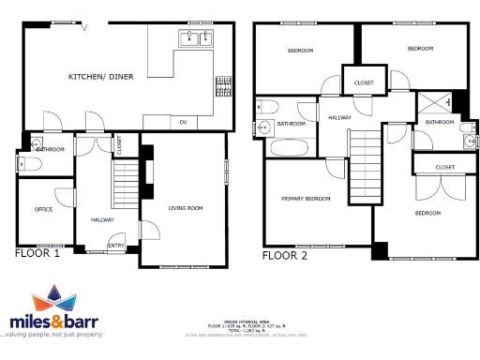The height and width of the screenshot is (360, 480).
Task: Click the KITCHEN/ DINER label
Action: click(x=98, y=76)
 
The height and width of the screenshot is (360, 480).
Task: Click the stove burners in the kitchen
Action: click(x=223, y=86)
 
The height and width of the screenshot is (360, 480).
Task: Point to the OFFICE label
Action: click(x=43, y=209)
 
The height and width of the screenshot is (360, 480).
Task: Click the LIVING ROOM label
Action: click(x=185, y=207)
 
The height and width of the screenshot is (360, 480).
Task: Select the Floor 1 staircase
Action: click(x=125, y=184)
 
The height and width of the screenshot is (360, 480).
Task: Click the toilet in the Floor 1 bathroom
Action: click(x=27, y=164)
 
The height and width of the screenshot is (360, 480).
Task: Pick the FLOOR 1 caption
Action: click(x=37, y=253)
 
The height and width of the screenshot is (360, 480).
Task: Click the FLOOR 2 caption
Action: click(x=284, y=255)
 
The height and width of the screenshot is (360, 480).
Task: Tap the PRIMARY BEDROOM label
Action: click(x=307, y=199)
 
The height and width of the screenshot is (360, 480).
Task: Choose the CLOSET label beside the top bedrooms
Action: click(x=364, y=83)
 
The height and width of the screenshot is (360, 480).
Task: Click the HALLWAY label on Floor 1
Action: click(x=102, y=218)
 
